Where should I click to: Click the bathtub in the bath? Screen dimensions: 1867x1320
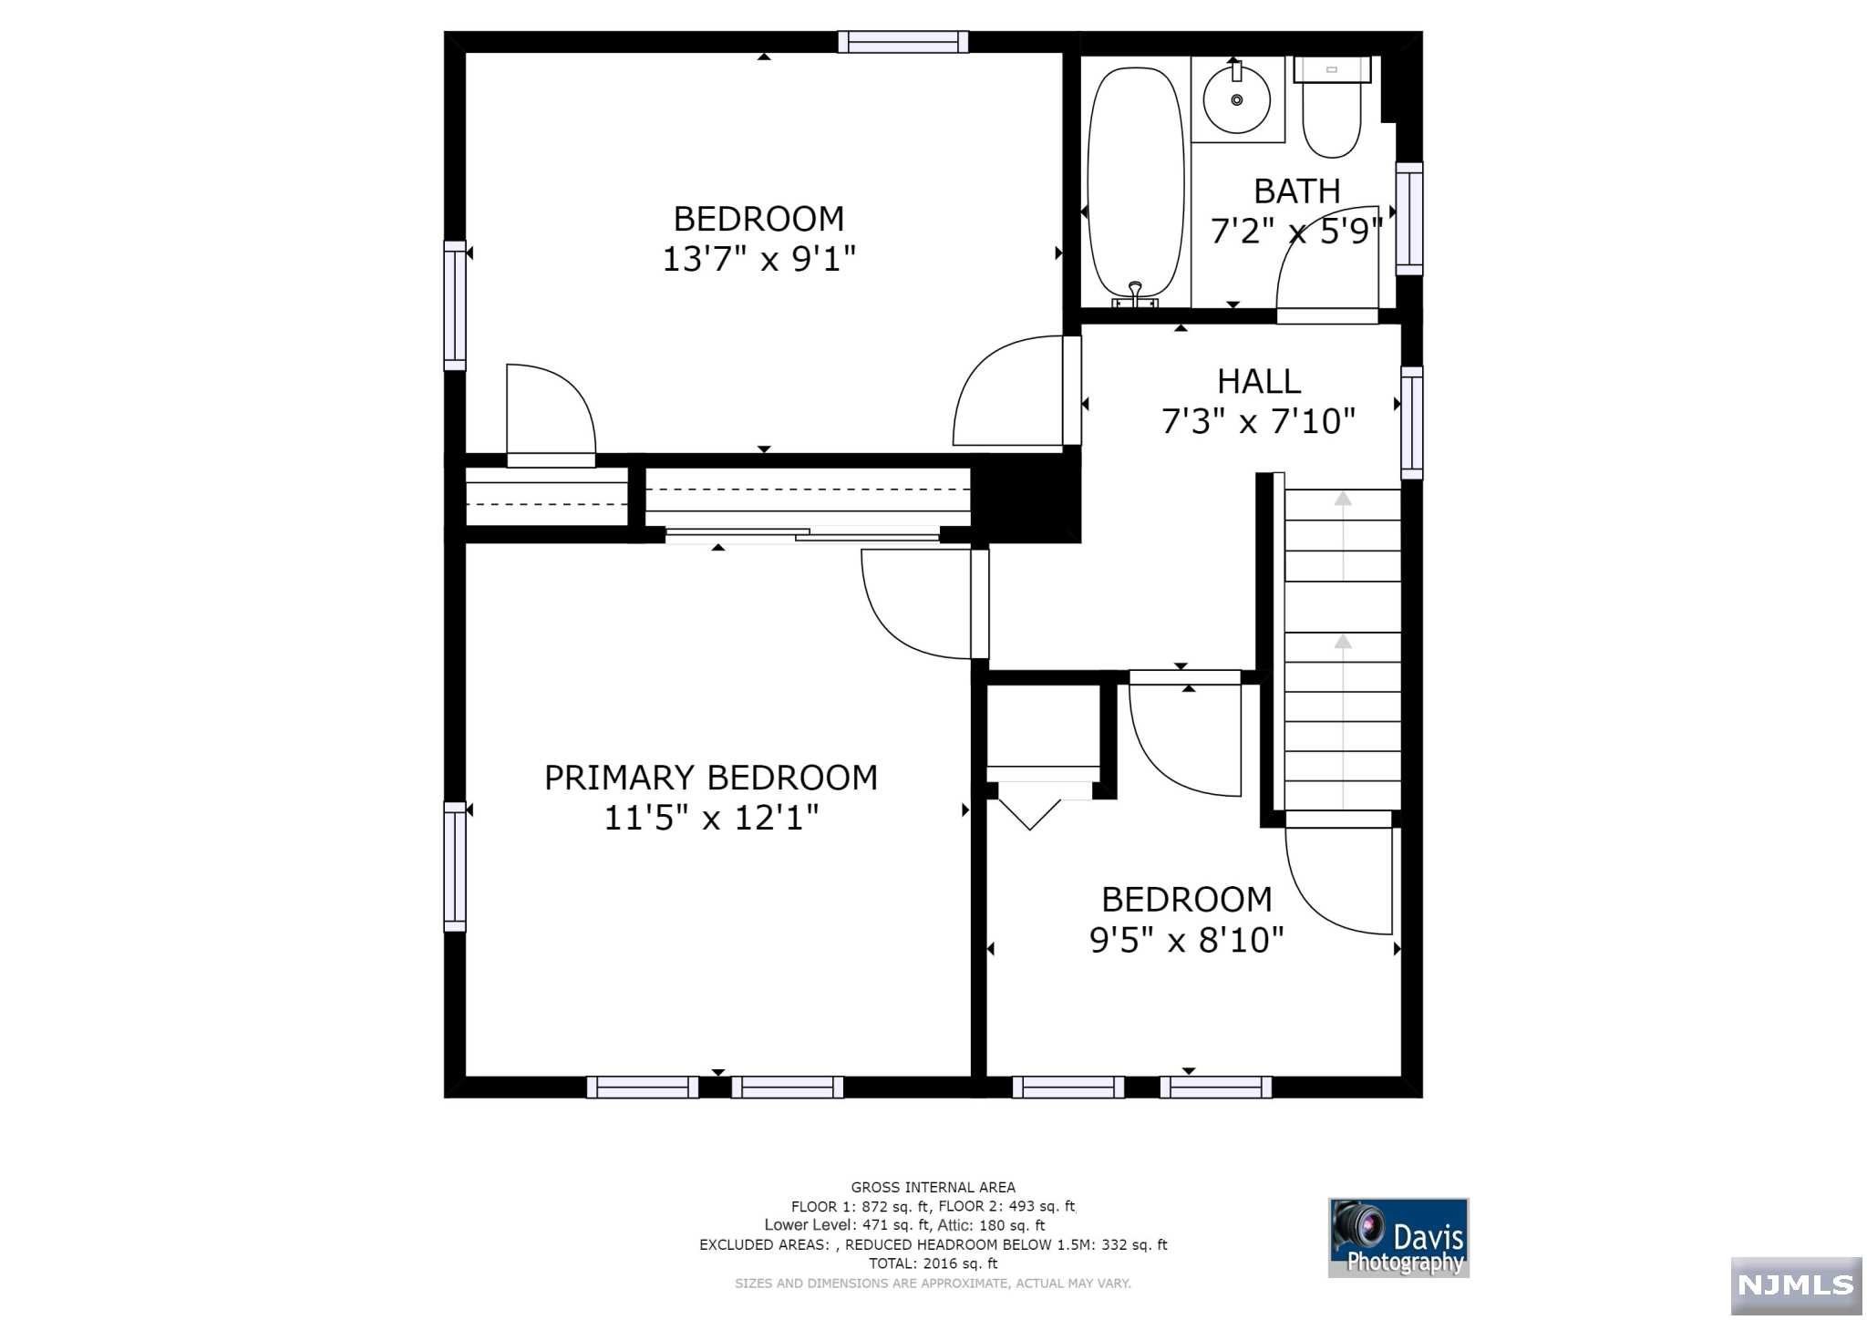click(1136, 185)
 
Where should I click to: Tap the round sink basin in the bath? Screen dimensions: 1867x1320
click(1237, 99)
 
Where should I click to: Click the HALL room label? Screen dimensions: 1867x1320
click(1259, 381)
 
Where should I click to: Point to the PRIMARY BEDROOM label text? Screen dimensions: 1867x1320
click(711, 778)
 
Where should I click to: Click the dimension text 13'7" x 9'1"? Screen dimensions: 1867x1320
click(759, 259)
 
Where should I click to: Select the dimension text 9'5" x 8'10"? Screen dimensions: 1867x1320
click(1187, 940)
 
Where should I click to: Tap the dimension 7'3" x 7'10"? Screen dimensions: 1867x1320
click(1259, 421)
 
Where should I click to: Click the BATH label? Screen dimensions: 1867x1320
click(1297, 191)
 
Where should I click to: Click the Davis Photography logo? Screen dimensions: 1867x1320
click(1398, 1237)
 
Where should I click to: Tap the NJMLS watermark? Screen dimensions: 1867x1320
click(1796, 1285)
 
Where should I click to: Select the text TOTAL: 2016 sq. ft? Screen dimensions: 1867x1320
click(933, 1263)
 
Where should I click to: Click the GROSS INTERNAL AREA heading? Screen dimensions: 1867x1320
click(933, 1187)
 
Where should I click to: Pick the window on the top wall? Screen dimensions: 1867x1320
click(903, 42)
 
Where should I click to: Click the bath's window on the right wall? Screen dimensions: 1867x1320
click(1409, 218)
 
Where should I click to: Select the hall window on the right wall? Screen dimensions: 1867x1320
click(1411, 422)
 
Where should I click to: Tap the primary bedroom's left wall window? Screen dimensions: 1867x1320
click(455, 866)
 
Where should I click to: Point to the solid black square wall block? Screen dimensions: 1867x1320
click(1026, 500)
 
